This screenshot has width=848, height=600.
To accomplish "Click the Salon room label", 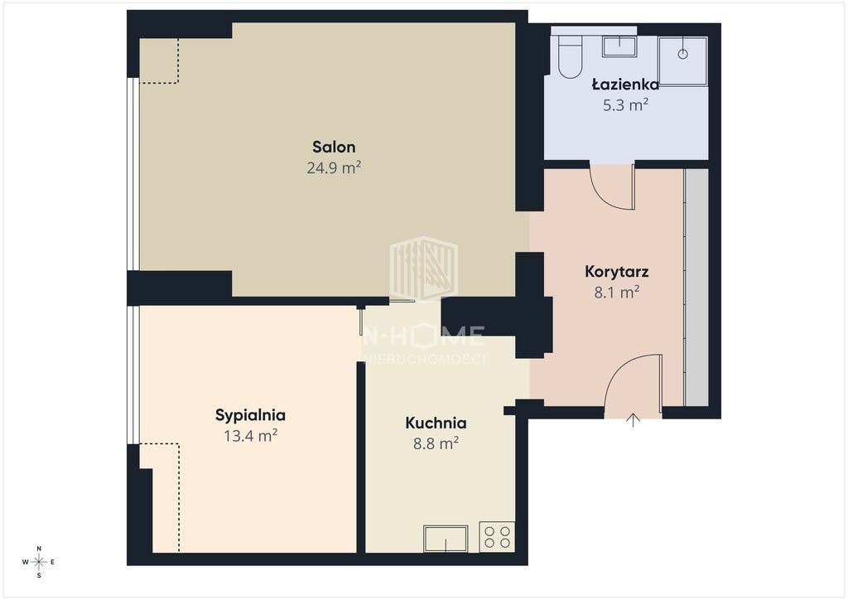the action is coord(334,147).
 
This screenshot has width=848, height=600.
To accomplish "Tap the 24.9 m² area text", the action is coord(334,167).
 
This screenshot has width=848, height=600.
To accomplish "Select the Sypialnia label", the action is coord(250,415).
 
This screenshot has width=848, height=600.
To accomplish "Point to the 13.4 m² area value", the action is coord(250,436).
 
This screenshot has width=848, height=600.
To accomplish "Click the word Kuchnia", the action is coord(436,423).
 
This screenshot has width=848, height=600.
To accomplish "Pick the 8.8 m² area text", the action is coord(436,443).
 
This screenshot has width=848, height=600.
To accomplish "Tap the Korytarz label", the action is coord(616,272).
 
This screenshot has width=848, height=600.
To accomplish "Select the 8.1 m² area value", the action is coord(616,293).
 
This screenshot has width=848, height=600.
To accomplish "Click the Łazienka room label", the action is coord(625,85).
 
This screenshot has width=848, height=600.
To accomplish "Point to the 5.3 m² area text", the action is coord(626,104).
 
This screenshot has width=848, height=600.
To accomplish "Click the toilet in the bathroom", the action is coord(570,56).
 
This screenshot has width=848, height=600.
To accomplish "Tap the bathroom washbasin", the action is coord(619,46).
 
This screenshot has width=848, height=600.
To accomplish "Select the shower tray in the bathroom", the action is coord(682,60).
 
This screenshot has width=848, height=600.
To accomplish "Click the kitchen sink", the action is coord(446,539).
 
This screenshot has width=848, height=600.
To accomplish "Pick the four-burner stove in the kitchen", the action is coord(497,537).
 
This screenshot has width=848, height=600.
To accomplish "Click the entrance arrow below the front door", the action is coord(634,420).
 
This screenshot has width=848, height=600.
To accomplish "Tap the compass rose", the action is coord(39,562).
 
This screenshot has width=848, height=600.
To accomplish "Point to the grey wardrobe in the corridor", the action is coord(696,288).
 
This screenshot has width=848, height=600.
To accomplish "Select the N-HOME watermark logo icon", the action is coord(424,269).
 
